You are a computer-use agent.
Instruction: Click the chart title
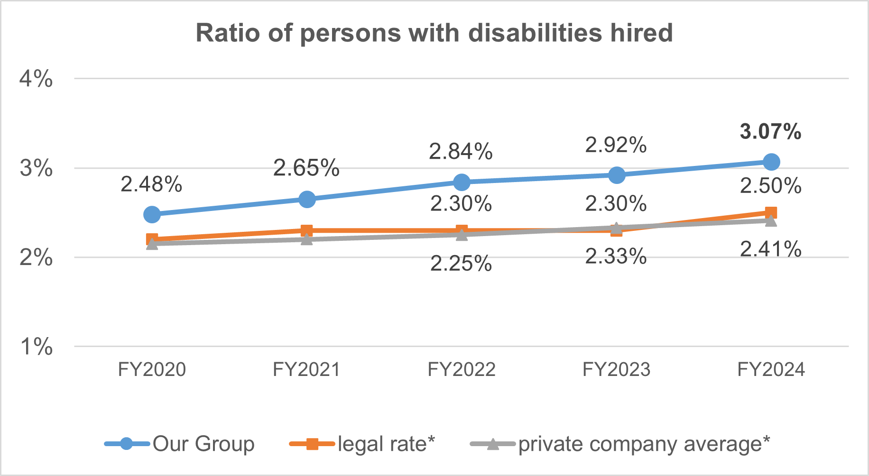click(x=434, y=33)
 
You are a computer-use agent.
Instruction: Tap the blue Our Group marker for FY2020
click(x=152, y=214)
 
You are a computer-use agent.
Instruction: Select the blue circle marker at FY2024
click(x=771, y=162)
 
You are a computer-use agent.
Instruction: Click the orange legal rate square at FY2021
click(x=307, y=231)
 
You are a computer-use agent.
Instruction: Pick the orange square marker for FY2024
click(x=771, y=212)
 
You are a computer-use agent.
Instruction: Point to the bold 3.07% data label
click(x=770, y=131)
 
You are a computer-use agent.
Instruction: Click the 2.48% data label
click(x=151, y=184)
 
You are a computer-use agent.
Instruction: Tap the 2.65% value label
click(x=306, y=168)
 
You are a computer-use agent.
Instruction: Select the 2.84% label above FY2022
click(x=461, y=152)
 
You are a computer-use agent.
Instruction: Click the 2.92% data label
click(x=616, y=145)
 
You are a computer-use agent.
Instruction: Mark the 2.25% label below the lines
click(x=461, y=264)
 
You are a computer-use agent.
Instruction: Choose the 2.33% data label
click(x=616, y=256)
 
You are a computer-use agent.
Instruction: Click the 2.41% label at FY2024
click(x=771, y=249)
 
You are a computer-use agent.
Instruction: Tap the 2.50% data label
click(x=771, y=186)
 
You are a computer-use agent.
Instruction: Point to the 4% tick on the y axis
click(x=36, y=79)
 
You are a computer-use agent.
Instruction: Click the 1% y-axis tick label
click(x=36, y=347)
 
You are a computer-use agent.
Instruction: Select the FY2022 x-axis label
click(x=462, y=369)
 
